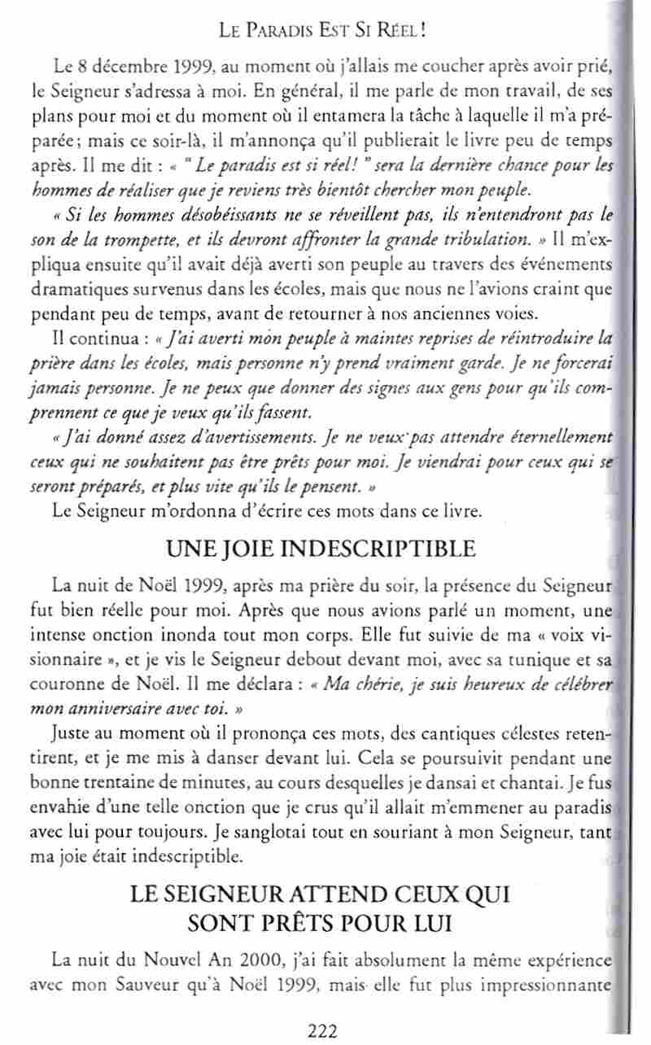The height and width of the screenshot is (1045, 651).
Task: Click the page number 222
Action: (x=323, y=1032)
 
